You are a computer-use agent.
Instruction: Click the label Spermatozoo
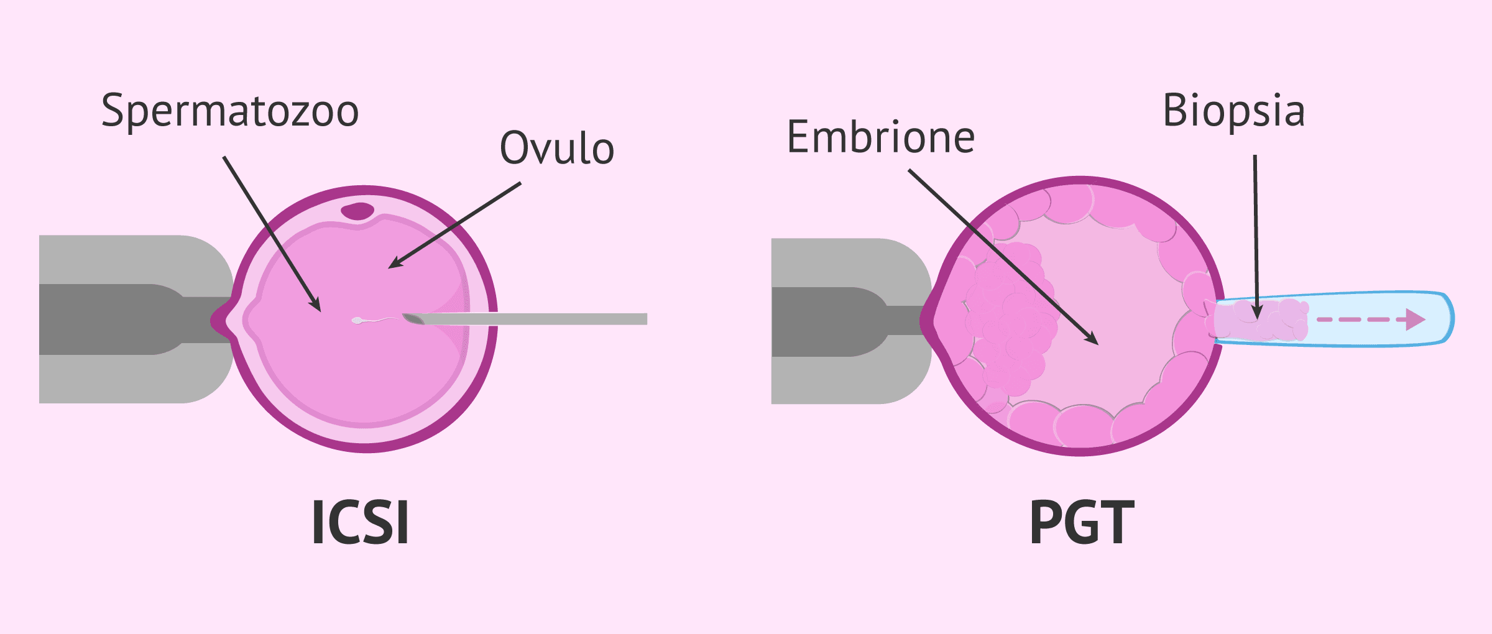(230, 111)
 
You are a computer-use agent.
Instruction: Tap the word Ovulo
(557, 148)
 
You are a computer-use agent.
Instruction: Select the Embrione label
(880, 137)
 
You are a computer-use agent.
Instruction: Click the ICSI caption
(360, 522)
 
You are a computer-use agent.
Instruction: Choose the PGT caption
(1082, 522)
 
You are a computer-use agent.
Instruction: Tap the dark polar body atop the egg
(357, 211)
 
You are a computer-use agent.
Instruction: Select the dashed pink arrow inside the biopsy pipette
(1371, 319)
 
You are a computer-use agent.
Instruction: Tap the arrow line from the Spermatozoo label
(272, 234)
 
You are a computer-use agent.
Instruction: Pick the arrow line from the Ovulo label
(454, 226)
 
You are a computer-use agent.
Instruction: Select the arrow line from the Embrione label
(1003, 257)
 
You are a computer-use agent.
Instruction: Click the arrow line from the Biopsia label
(1256, 237)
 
